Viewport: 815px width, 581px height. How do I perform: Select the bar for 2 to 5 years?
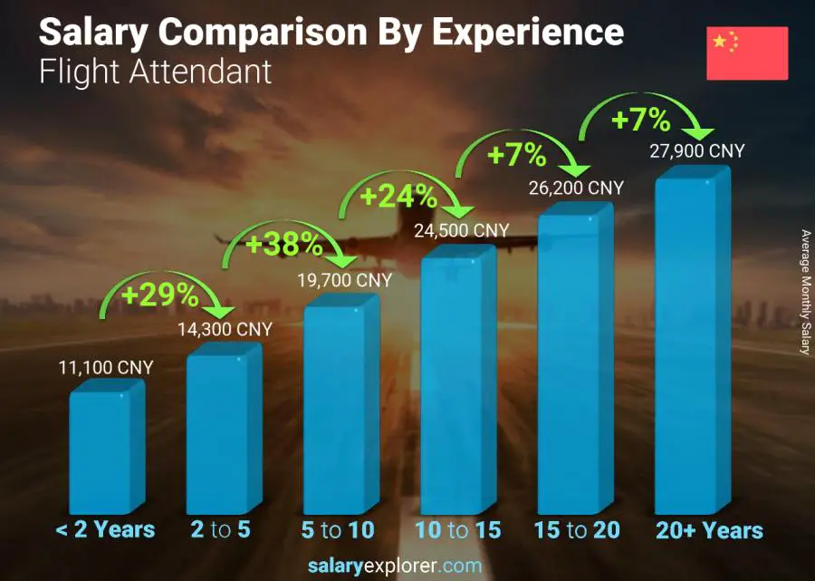coord(222,431)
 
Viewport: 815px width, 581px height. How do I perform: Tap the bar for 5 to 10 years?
coord(340,408)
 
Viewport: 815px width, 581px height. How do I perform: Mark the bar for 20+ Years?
coord(693,344)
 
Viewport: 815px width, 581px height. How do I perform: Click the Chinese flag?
coord(747,53)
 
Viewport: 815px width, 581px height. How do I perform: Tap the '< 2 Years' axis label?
coord(106,530)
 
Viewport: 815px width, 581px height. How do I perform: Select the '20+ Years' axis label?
coord(710,530)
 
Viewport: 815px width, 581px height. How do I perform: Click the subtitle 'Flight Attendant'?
coord(155,72)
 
